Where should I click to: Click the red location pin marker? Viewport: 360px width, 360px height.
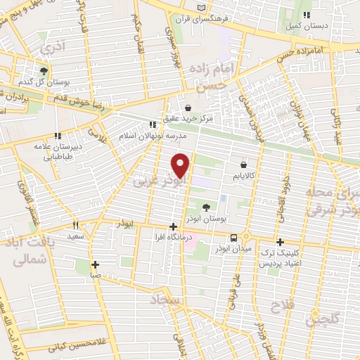click(181, 165)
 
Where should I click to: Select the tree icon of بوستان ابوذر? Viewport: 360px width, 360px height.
click(206, 207)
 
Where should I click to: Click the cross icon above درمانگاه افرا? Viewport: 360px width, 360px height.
click(174, 226)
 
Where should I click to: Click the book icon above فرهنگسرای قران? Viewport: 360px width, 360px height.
click(202, 7)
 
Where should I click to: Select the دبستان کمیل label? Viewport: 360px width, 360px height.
click(299, 27)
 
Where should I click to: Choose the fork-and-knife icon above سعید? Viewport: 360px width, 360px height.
click(76, 225)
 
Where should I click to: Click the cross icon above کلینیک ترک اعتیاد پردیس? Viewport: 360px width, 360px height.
click(280, 241)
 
